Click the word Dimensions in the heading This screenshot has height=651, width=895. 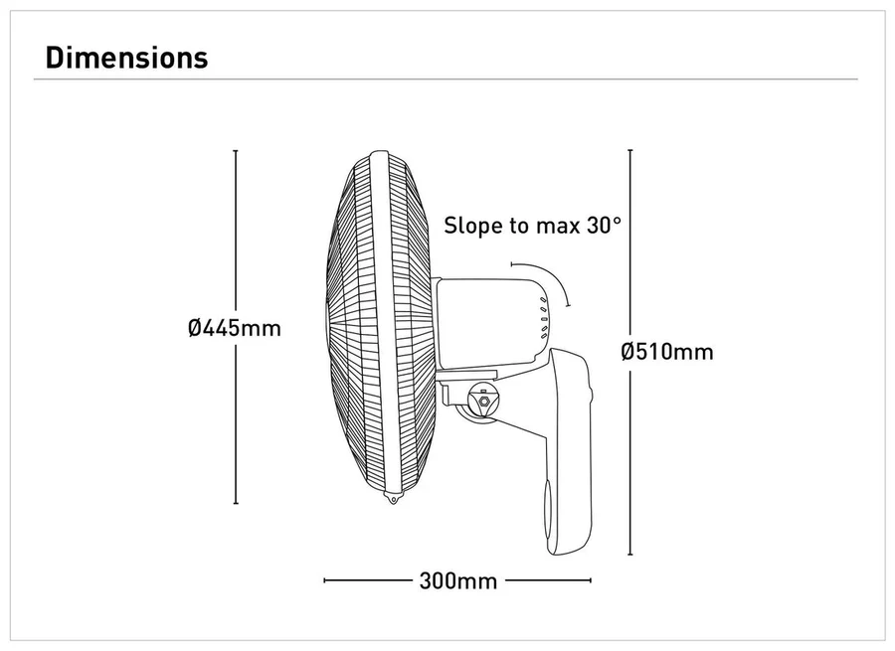pos(127,58)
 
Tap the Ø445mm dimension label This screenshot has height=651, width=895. pos(235,328)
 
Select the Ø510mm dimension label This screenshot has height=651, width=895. pos(666,351)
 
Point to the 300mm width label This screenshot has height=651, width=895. pos(457,580)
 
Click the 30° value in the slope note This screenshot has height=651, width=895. pos(604,225)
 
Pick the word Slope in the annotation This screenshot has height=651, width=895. pos(473,225)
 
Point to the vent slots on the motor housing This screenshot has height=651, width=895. pos(545,320)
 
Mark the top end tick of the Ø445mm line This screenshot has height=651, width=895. pos(236,151)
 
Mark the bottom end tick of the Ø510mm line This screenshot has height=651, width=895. pos(630,555)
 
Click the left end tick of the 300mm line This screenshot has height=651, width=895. pos(325,580)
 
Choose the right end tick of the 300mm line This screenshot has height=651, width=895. pos(591,580)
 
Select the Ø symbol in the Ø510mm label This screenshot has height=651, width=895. pos(627,351)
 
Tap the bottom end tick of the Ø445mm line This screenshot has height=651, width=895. pos(236,504)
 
